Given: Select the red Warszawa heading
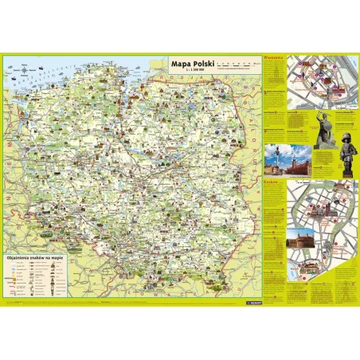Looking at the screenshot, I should point(273,59).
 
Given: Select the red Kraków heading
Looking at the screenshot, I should point(272,181).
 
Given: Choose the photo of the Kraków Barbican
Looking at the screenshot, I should point(306,263).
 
